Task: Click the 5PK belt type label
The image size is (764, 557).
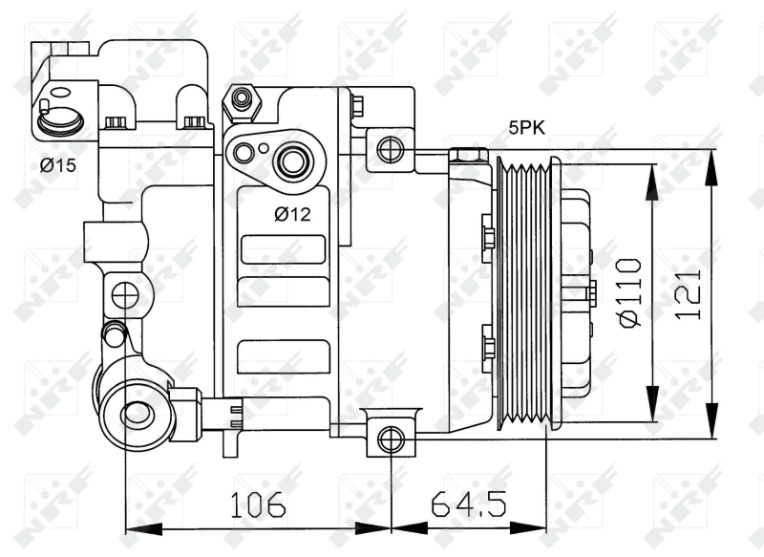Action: [527, 128]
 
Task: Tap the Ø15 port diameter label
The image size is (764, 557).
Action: [58, 165]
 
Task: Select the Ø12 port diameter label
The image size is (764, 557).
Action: [292, 213]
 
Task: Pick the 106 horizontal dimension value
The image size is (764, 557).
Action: [258, 503]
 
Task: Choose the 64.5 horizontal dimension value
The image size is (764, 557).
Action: [469, 503]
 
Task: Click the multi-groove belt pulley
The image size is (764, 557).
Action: [529, 293]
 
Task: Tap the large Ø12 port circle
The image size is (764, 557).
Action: [291, 161]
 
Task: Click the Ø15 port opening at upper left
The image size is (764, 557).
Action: [60, 120]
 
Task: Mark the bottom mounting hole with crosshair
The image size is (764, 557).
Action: [391, 439]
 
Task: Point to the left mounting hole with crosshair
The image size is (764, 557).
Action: [125, 294]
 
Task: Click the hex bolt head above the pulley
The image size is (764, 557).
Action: [468, 156]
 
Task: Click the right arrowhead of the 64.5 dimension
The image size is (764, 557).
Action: [528, 528]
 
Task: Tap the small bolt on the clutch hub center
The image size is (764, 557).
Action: [591, 294]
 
